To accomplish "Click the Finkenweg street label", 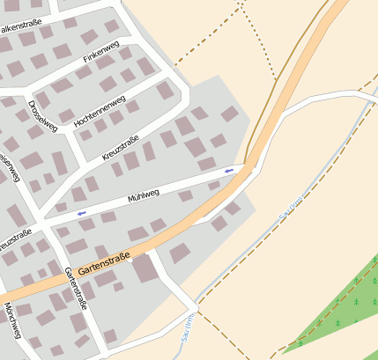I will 100,57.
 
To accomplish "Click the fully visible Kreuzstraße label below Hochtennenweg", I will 121,142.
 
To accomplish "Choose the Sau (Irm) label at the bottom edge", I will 187,338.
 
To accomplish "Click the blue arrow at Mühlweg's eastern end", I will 229,170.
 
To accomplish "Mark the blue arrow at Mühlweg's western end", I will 82,212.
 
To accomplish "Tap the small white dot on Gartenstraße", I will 130,259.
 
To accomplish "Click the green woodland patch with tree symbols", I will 339,304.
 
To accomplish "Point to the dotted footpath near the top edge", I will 252,35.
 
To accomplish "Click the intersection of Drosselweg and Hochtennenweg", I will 66,132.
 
